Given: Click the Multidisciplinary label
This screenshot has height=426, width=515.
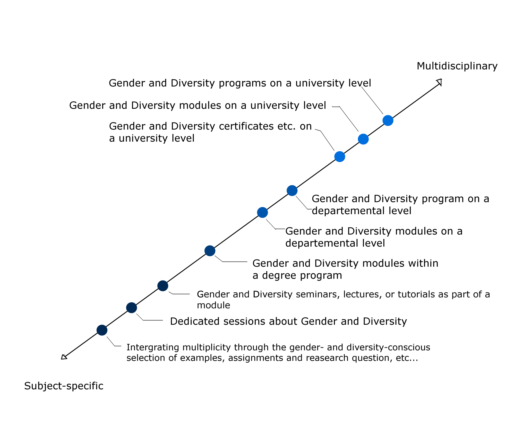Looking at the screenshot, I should tap(457, 66).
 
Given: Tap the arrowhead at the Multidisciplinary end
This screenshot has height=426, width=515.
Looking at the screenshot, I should tap(439, 82).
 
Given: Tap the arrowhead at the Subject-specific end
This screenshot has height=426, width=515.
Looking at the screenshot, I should tap(64, 357).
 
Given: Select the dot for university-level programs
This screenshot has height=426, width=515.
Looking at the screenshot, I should tap(388, 120).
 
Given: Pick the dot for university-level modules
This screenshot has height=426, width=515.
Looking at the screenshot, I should tap(363, 139).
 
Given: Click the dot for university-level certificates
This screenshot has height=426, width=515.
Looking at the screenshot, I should tap(340, 157).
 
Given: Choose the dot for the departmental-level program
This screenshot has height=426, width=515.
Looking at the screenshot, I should tap(292, 190).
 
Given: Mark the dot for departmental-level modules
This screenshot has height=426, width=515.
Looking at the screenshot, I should tap(262, 212).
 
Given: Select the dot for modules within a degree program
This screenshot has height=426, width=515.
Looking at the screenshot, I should tap(210, 251).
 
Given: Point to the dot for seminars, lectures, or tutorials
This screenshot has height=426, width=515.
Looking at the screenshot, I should tap(163, 286).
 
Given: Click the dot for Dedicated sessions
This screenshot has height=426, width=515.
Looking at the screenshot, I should tap(132, 308).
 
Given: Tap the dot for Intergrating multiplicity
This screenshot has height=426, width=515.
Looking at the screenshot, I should tap(102, 330).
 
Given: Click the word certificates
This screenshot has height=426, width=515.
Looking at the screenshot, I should tap(246, 126).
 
